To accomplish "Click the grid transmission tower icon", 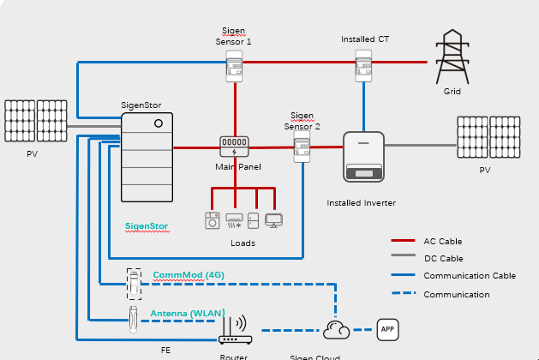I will pos(452,57).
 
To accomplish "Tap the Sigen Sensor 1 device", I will pos(234,66).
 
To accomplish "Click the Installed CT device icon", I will pos(364,65).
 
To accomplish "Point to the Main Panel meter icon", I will pos(234,146).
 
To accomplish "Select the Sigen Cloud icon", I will pos(334,329).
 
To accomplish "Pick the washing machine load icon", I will pos(213,220).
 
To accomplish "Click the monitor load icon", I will pos(273,220).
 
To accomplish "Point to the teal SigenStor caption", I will pos(147,226).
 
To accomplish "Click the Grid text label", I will pos(452,91).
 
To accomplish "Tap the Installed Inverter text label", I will pos(361,203).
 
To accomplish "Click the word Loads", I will pos(243,243).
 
